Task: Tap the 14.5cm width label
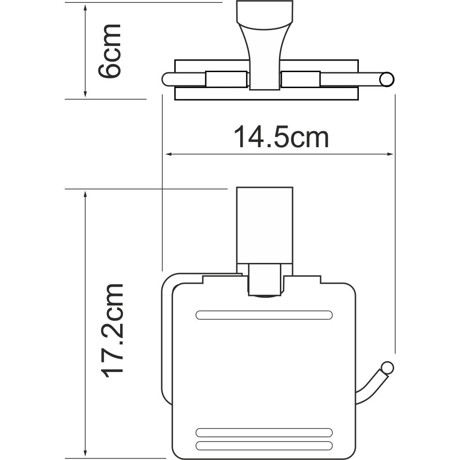[x=281, y=138]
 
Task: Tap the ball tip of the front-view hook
[x=387, y=368]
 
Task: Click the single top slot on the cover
[x=264, y=315]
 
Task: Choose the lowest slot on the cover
[x=264, y=445]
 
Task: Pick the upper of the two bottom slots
[x=264, y=432]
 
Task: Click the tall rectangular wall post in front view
[x=264, y=225]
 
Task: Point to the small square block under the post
[x=264, y=279]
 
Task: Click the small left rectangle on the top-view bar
[x=226, y=79]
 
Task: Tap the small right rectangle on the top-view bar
[x=301, y=79]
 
